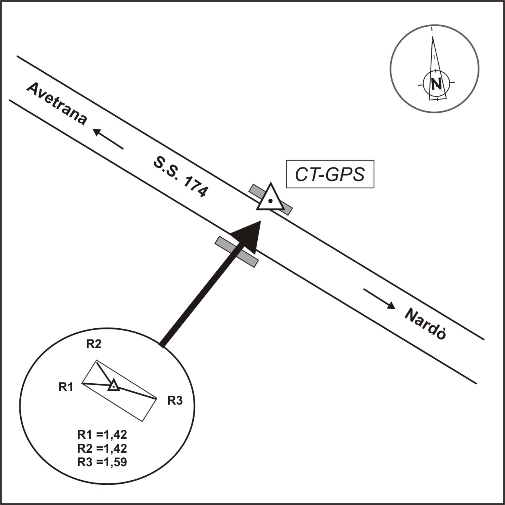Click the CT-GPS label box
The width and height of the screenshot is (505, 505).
tap(330, 174)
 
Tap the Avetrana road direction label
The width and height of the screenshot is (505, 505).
tap(57, 103)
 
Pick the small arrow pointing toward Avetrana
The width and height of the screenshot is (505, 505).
tap(108, 139)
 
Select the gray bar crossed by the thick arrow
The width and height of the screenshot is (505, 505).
tap(237, 252)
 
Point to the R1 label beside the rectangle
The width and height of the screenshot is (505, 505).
tap(66, 387)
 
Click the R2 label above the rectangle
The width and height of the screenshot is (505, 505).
tap(94, 344)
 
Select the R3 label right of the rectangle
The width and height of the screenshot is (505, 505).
tap(175, 401)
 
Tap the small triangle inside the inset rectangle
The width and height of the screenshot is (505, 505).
tap(113, 386)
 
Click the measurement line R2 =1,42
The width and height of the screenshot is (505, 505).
tap(102, 448)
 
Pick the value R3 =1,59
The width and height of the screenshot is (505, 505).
tap(102, 462)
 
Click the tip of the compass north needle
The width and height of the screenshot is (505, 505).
tap(433, 37)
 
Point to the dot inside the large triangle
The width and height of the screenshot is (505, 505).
tap(271, 201)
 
